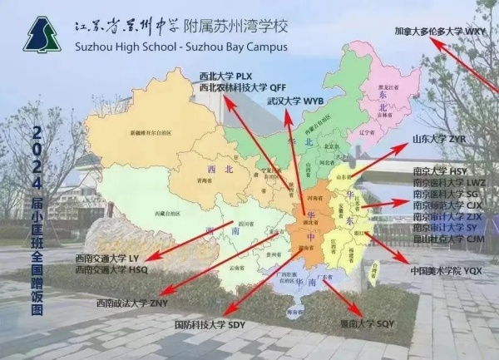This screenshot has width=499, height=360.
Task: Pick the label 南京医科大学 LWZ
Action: (x=449, y=181)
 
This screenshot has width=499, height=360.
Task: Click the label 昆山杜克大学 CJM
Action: (x=449, y=238)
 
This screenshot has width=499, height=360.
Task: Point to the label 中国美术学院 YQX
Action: (x=447, y=271)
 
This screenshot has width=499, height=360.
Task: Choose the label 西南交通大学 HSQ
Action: (x=111, y=269)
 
